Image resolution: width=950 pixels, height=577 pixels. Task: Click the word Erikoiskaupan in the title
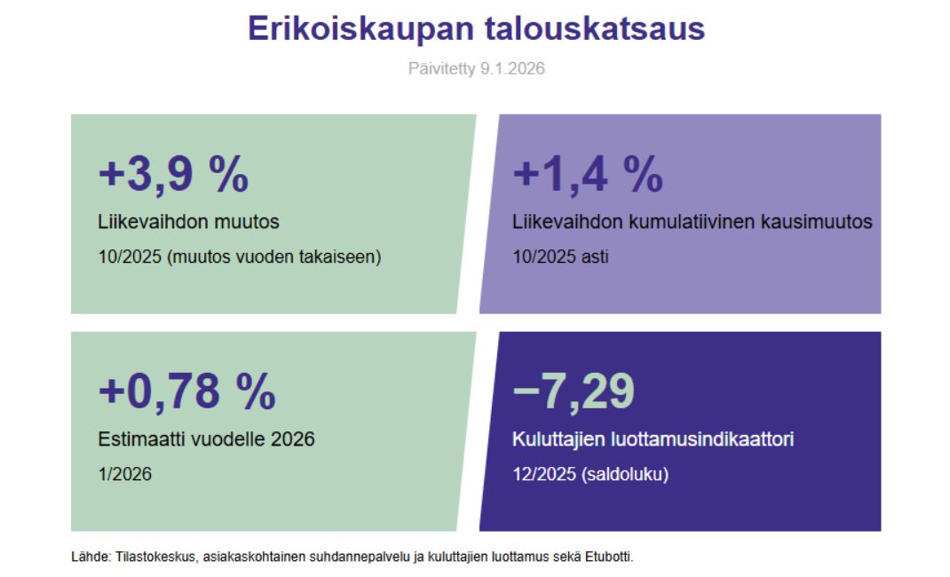coord(360,29)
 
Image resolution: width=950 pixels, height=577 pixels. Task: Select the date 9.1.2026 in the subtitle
coord(512,68)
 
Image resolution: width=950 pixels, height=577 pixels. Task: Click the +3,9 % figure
coord(173,175)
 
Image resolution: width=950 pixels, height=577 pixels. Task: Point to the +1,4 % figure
coord(588,175)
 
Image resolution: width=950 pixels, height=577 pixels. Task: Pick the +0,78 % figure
coord(187,392)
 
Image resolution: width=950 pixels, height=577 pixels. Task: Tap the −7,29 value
coord(574,392)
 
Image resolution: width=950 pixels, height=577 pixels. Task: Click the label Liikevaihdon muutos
coord(188,222)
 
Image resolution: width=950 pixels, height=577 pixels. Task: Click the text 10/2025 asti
coord(560,257)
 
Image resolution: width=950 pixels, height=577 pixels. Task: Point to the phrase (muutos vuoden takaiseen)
coord(273,257)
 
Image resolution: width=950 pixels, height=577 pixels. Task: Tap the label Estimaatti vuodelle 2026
coord(206,439)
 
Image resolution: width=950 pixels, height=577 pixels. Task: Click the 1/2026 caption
coord(125,474)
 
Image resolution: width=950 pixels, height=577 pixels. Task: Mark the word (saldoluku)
coord(625,475)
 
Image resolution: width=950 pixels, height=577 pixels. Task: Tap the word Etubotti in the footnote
coord(609,557)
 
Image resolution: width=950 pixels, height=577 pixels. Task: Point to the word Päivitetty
coord(441,69)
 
